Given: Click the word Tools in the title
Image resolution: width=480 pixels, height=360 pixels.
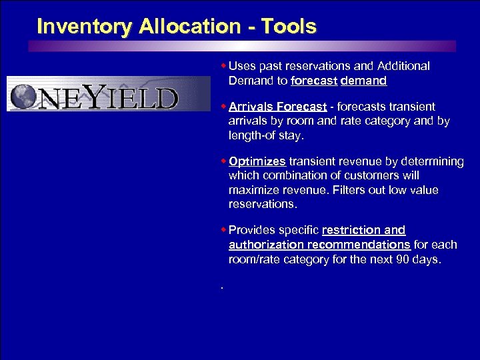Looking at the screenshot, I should [289, 27].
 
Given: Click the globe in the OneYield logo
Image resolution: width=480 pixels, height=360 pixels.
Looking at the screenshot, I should [24, 95].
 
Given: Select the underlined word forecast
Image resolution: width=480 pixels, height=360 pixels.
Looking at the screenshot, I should [314, 81].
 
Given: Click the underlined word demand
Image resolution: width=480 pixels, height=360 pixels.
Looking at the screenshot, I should [363, 81].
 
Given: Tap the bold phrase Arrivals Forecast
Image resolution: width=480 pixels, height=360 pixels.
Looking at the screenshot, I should [277, 107].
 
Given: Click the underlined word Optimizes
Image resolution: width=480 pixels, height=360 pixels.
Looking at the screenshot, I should [257, 161].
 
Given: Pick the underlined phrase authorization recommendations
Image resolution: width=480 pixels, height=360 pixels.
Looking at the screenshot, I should [319, 245].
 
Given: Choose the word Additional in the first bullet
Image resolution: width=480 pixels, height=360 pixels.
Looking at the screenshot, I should [403, 66].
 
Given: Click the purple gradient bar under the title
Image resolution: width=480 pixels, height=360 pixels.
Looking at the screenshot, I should [240, 46].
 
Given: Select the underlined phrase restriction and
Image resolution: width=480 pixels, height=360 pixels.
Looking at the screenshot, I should [363, 230].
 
